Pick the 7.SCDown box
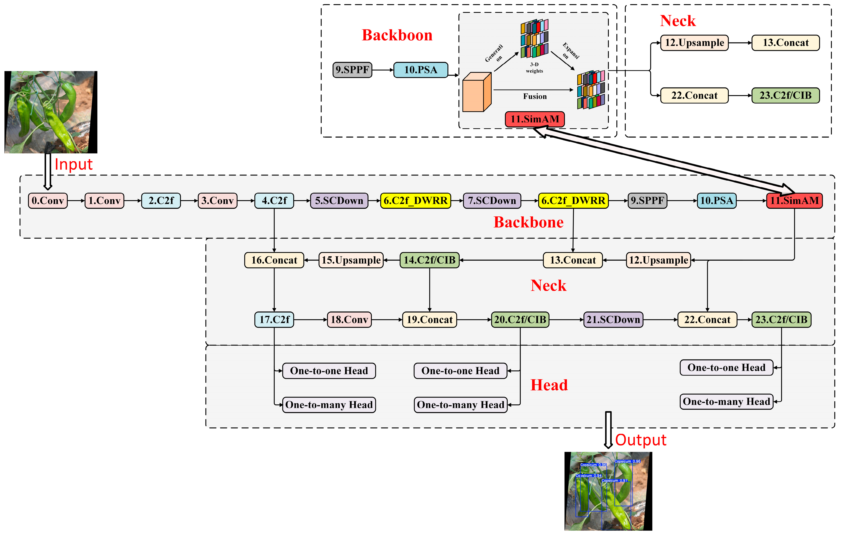[492, 201]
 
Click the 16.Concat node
[274, 260]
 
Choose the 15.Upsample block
[351, 260]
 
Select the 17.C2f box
[274, 319]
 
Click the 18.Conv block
[349, 319]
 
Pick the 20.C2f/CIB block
[520, 319]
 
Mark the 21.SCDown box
[613, 319]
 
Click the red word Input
[74, 164]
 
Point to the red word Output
[641, 440]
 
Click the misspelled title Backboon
[397, 35]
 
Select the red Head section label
[549, 385]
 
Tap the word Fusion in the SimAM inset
[535, 96]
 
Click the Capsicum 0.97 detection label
[614, 481]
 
